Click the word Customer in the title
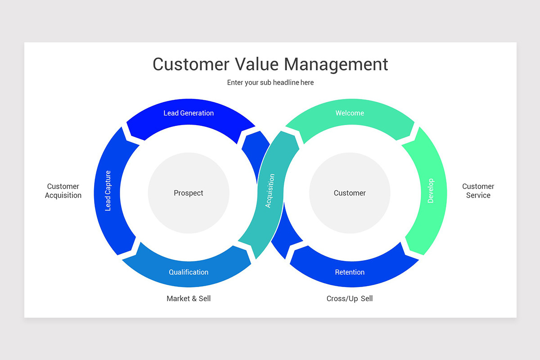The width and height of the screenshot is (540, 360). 190,64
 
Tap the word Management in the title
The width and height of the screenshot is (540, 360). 336,64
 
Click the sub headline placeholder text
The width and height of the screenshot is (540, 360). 270,83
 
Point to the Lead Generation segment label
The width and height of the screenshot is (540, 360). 189,113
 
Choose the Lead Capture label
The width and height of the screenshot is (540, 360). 108,191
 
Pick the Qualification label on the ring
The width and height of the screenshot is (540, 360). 189,272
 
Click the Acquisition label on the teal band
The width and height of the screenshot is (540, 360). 269,191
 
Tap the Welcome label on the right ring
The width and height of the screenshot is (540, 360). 350,113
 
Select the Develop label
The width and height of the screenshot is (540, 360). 431,191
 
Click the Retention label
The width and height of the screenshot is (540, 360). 350,272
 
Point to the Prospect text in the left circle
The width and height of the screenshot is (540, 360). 189,193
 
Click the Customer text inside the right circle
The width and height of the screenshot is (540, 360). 350,193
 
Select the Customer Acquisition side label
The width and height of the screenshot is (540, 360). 63,191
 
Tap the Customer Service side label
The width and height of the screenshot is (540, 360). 478,191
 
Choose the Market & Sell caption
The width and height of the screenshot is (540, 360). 189,298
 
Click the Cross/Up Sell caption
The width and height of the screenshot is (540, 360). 350,298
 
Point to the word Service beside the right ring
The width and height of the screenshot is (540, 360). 478,195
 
